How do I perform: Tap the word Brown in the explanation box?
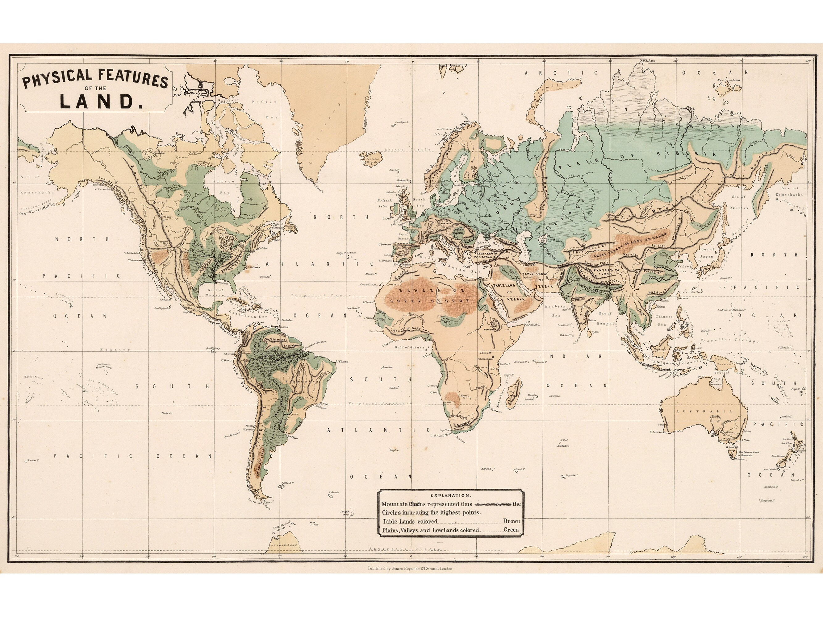(512, 521)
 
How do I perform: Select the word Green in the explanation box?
(511, 530)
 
